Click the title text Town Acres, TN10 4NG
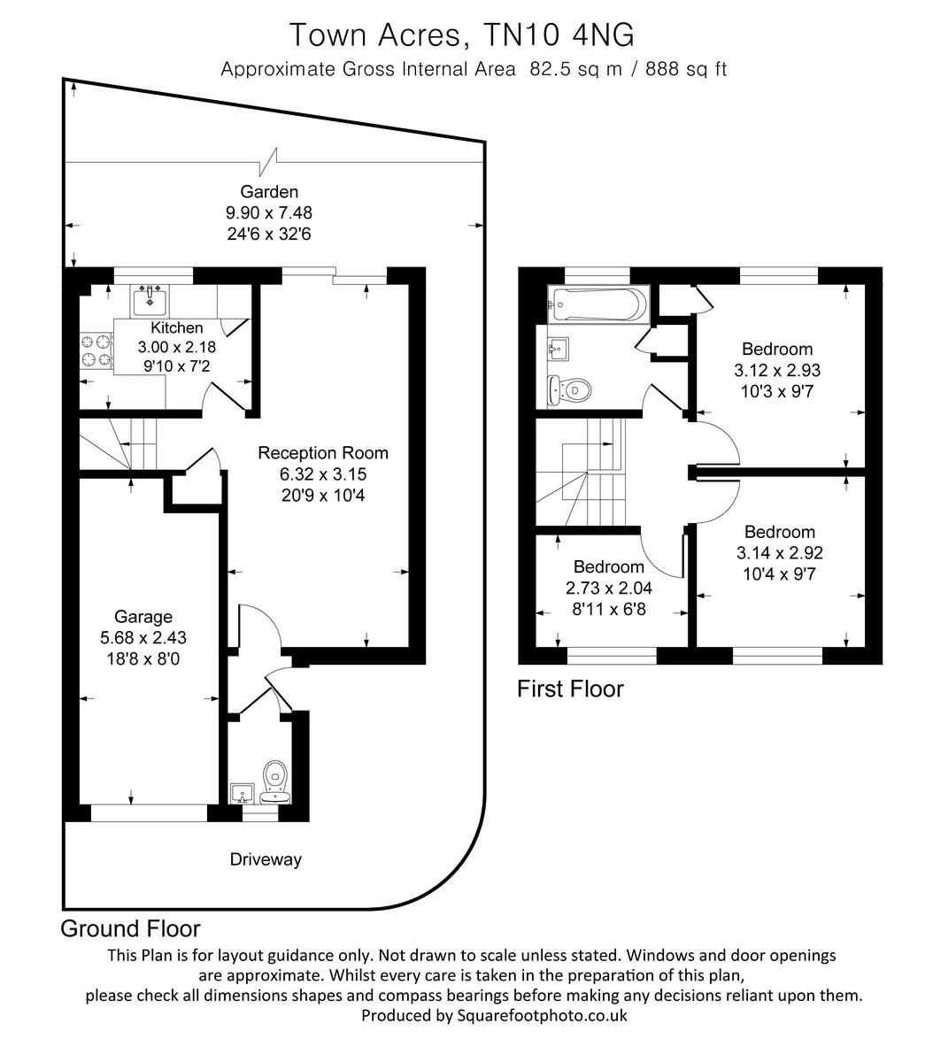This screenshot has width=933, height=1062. pos(463,35)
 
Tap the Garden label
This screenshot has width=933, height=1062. pos(269,191)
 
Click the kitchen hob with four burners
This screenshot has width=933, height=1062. pos(96,350)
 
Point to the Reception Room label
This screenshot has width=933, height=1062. pos(323,452)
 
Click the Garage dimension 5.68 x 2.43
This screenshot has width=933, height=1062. pos(143,636)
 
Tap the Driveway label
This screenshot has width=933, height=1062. pos(266,858)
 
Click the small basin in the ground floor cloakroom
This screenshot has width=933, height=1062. pos(241,793)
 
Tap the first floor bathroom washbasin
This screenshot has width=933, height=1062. pos(559,348)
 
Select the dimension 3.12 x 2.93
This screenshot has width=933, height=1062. pos(777,370)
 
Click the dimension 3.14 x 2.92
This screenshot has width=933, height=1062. pos(779,553)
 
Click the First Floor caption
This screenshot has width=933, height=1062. pos(570,689)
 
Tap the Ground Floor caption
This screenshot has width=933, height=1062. pos(130,928)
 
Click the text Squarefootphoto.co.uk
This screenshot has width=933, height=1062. pos(542,1015)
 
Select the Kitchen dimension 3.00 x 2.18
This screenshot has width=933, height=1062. pos(177,347)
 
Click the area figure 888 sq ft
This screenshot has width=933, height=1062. pos(686,69)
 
